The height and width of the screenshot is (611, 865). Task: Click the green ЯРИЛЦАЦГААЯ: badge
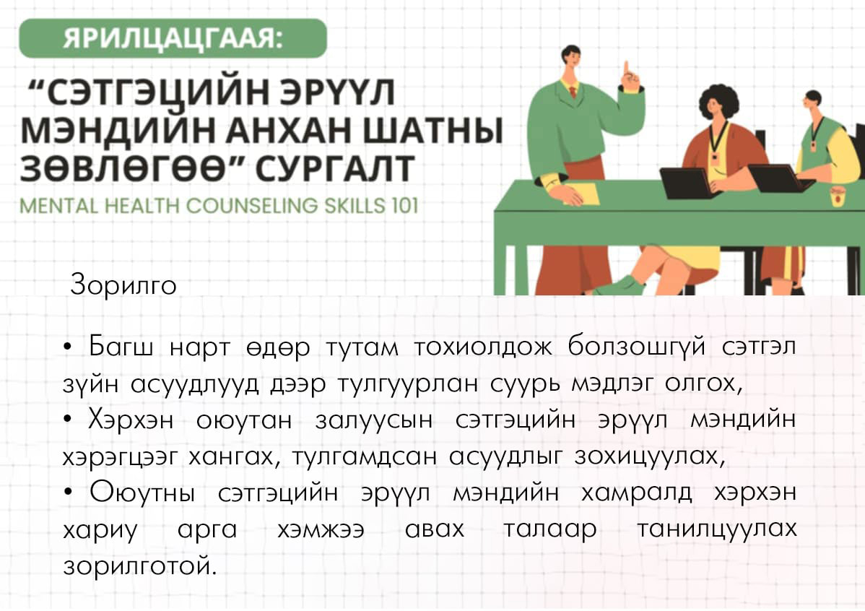(173, 38)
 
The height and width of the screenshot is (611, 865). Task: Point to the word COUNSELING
(251, 206)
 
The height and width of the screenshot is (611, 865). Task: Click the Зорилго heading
(123, 285)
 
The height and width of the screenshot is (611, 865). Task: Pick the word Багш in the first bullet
(121, 348)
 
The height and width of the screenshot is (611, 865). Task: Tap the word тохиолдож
(483, 347)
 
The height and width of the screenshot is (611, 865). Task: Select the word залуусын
(374, 421)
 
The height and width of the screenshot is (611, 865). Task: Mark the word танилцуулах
(716, 529)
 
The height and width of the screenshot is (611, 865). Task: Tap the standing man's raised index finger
(627, 68)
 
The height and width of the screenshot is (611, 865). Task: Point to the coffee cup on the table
(838, 196)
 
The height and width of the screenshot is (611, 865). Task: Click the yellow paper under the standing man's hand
(581, 194)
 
